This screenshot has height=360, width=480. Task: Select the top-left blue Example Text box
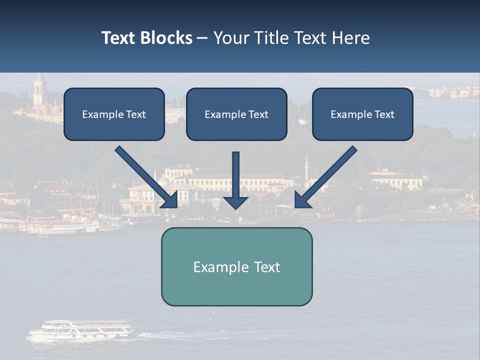[x=114, y=114]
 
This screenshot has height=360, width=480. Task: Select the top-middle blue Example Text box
[x=236, y=114]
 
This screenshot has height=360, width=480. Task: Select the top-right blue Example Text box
[x=362, y=114]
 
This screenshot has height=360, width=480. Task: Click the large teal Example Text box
[x=236, y=266]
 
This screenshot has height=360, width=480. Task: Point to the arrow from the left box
[x=145, y=176]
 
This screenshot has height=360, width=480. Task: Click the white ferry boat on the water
[x=80, y=330]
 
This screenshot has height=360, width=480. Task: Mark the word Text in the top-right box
[x=384, y=114]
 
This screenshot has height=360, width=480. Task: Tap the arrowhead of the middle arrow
[x=235, y=201]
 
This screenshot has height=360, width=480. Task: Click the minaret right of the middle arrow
[x=306, y=167]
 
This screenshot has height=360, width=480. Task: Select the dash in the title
[x=202, y=38]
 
